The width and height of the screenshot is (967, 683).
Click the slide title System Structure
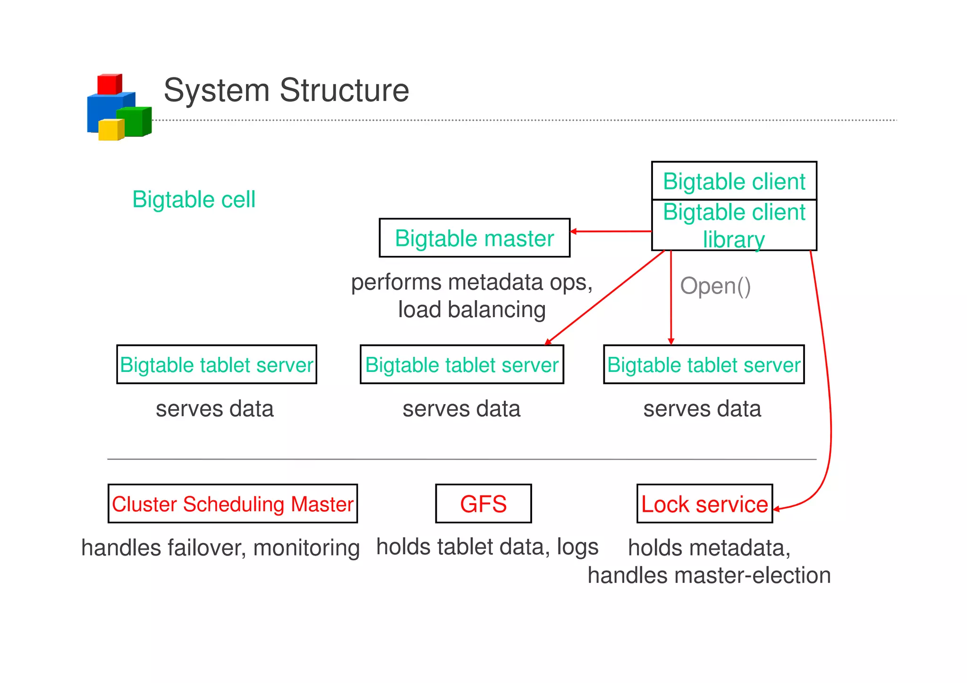pyautogui.click(x=286, y=90)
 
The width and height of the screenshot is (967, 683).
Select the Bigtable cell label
pyautogui.click(x=194, y=199)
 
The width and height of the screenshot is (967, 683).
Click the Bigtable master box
pyautogui.click(x=474, y=238)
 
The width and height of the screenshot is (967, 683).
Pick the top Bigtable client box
pyautogui.click(x=734, y=181)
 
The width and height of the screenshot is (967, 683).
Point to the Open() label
pyautogui.click(x=715, y=286)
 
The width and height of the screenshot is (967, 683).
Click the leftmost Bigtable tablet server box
pyautogui.click(x=216, y=364)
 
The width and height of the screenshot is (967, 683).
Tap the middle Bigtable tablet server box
pyautogui.click(x=461, y=364)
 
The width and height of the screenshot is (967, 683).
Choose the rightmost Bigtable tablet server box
pyautogui.click(x=704, y=364)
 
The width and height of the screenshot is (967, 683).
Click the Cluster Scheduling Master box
pyautogui.click(x=232, y=504)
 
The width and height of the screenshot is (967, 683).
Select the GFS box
pyautogui.click(x=483, y=504)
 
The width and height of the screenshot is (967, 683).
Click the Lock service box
pyautogui.click(x=704, y=504)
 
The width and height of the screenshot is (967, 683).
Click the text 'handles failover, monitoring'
pyautogui.click(x=221, y=548)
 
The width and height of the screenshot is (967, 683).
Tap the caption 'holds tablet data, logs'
pyautogui.click(x=487, y=547)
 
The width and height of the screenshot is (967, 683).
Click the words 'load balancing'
pyautogui.click(x=472, y=310)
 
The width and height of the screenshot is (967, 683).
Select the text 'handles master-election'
pyautogui.click(x=709, y=575)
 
